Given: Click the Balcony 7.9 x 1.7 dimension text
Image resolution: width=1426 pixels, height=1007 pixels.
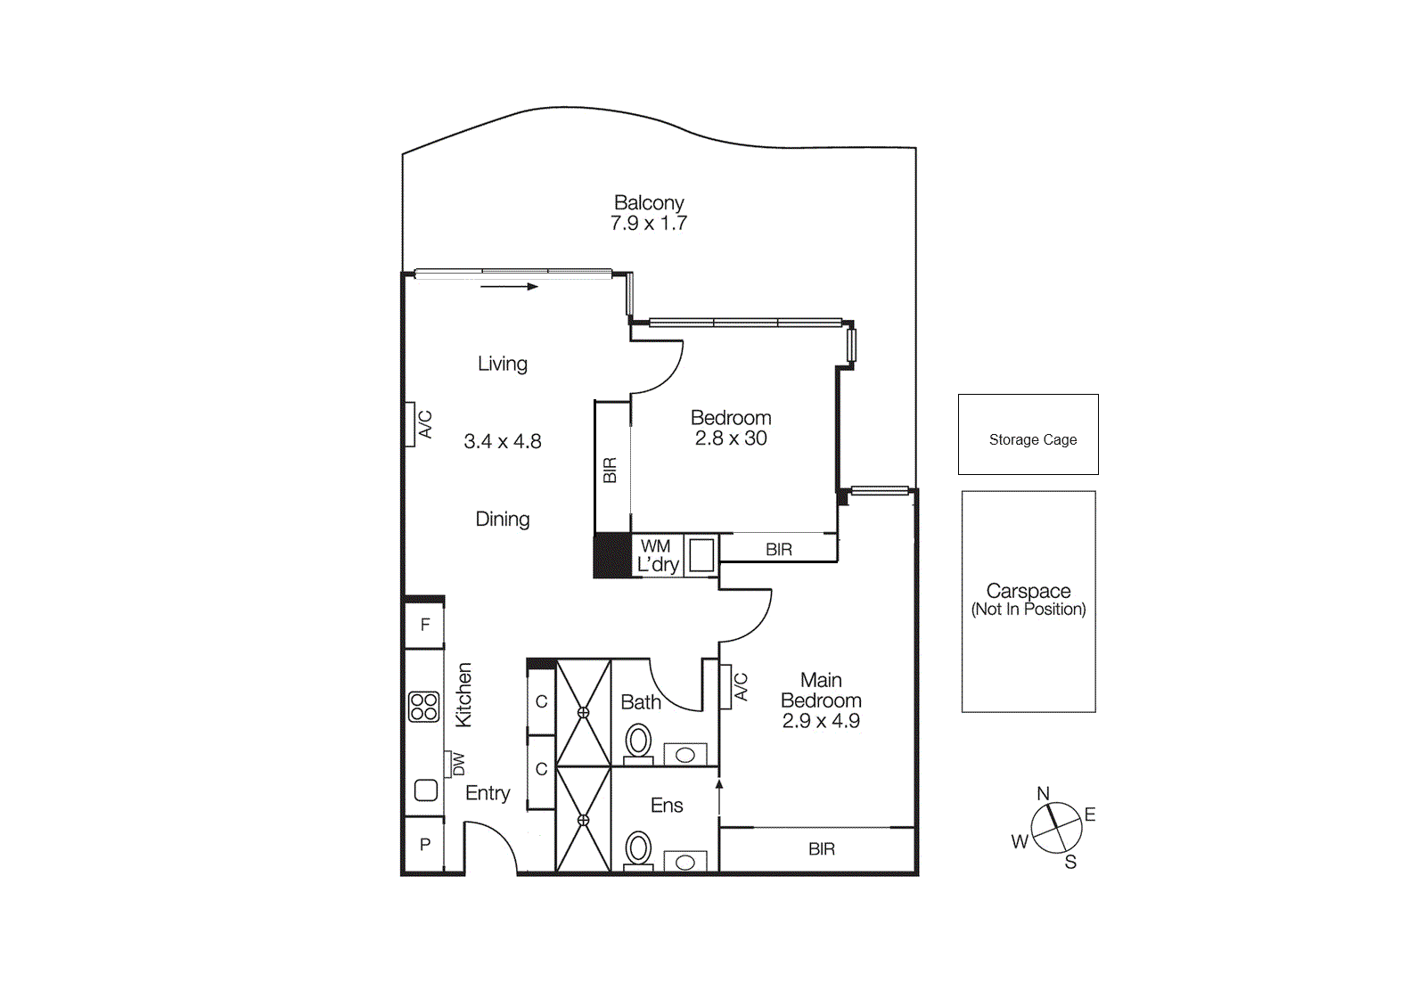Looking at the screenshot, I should click(649, 224).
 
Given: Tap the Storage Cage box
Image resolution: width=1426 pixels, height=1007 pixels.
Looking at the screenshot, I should click(1028, 434).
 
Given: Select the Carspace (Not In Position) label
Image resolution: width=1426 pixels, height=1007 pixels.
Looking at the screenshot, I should click(1029, 601).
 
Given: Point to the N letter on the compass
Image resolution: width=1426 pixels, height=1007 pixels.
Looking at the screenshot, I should click(1043, 793).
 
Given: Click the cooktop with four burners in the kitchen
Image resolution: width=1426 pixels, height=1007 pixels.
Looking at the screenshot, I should click(424, 707).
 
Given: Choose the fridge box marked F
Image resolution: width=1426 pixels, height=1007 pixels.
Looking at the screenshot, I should click(425, 625).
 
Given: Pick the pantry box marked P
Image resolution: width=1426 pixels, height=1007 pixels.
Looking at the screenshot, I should click(425, 844).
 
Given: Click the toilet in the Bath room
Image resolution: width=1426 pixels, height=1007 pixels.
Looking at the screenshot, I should click(638, 742).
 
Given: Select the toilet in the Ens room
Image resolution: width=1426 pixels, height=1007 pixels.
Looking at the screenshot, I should click(638, 848).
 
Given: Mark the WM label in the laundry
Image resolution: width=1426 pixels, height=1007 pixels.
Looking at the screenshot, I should click(656, 546).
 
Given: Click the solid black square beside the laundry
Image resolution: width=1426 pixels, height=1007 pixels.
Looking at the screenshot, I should click(611, 555).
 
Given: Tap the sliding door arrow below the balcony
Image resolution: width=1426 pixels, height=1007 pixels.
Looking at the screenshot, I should click(509, 287).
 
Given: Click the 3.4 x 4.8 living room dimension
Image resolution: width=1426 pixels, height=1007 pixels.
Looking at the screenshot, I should click(503, 441).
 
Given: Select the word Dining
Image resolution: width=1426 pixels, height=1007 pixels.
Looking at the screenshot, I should click(503, 519).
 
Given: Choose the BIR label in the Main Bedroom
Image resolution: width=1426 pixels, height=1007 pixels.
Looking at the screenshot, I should click(822, 849).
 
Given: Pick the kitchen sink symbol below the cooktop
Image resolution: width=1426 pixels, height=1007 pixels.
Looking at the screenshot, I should click(426, 790).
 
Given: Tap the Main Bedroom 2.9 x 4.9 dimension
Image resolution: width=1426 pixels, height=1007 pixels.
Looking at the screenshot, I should click(821, 721).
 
